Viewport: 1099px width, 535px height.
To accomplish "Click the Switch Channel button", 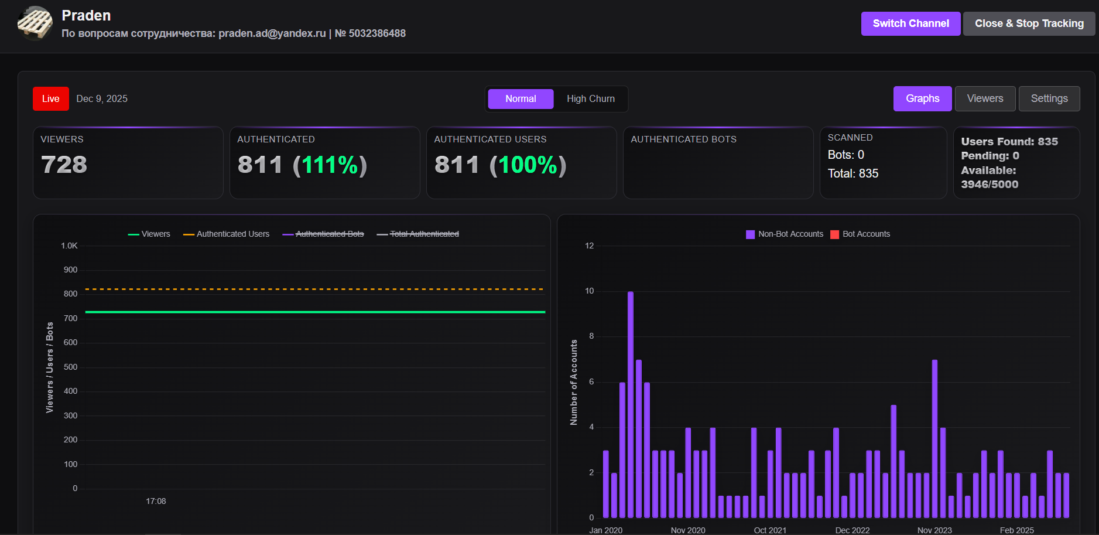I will [910, 23].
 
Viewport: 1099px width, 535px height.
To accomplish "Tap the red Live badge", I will [50, 98].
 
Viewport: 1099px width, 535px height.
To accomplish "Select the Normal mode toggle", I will [521, 98].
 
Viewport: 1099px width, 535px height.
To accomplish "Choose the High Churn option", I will [590, 98].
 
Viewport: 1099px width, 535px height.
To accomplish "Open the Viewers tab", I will [985, 98].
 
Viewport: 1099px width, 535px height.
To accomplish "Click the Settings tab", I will [1049, 98].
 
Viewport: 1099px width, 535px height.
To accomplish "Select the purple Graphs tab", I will [922, 98].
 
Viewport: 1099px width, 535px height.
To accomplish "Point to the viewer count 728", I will [64, 165].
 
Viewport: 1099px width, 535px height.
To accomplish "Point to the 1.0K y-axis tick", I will [69, 246].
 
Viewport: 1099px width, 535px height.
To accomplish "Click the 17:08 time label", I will [156, 501].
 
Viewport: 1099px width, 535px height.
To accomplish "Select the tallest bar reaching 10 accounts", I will [630, 404].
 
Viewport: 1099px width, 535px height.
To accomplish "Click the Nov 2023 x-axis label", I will [934, 530].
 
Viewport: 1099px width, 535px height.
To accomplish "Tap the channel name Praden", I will [86, 15].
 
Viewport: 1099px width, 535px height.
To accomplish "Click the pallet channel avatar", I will [35, 23].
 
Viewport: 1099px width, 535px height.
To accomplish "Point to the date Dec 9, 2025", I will [102, 98].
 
